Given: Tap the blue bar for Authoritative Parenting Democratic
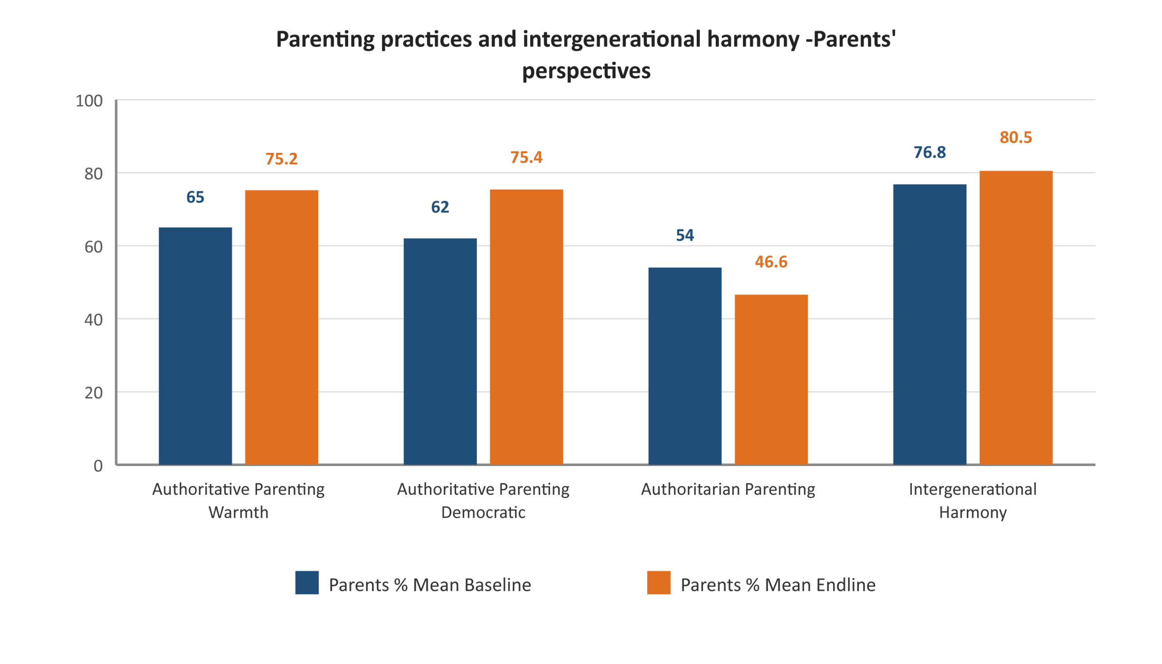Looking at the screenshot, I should click(440, 351).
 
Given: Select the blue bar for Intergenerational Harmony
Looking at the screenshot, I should click(930, 324).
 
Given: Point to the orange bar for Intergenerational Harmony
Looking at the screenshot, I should click(1015, 317).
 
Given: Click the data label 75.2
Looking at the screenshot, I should click(281, 159).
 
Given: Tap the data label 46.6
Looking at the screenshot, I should click(771, 262).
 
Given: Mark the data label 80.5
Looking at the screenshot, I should click(1015, 137).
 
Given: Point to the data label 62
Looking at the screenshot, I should click(440, 207).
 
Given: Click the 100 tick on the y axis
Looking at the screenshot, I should click(89, 101).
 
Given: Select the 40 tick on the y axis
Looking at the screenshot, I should click(93, 320).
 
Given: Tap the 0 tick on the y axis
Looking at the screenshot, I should click(98, 466).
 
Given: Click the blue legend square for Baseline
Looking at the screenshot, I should click(307, 582).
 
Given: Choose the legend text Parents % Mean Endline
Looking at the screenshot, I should click(778, 585).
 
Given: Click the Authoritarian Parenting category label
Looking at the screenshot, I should click(728, 489).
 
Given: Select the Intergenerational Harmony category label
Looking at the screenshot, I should click(972, 500).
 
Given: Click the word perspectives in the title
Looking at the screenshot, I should click(586, 71).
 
